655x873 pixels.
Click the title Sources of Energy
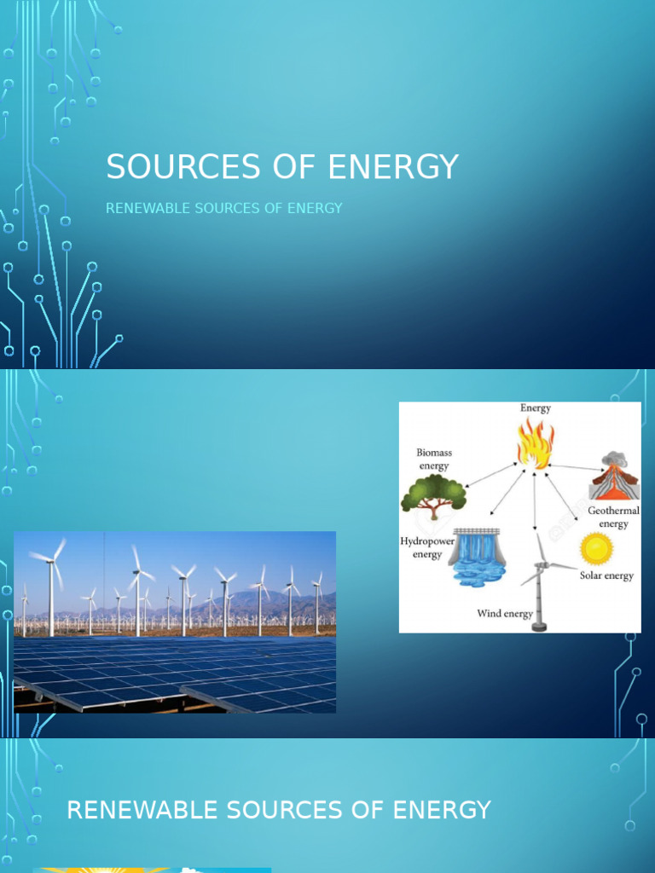(x=282, y=167)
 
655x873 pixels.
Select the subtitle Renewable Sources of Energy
(x=223, y=208)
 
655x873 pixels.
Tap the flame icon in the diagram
(x=535, y=443)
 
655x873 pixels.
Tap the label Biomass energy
(x=433, y=460)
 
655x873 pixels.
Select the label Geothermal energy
(x=613, y=517)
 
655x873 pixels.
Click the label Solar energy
(x=606, y=576)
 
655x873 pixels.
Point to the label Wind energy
(x=505, y=614)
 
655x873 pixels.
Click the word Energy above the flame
(x=536, y=408)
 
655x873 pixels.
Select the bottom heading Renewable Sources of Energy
(x=279, y=810)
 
